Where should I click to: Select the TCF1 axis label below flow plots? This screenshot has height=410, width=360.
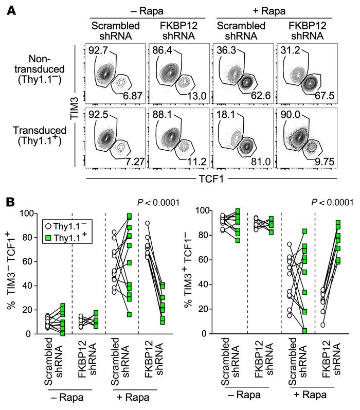point(209,179)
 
